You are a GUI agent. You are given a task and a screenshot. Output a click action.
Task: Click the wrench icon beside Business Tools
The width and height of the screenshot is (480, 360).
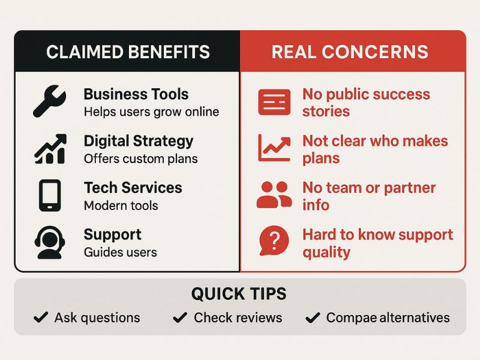click(x=49, y=101)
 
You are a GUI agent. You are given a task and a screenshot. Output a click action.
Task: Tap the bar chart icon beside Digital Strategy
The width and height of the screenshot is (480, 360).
click(x=50, y=149)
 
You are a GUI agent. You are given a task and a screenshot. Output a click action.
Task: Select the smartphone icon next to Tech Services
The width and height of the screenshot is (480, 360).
click(x=50, y=196)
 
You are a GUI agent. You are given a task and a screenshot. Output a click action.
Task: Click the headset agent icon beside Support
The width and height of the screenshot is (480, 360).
click(x=50, y=242)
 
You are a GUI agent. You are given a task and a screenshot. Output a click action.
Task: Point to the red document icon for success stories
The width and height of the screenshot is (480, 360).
click(x=274, y=102)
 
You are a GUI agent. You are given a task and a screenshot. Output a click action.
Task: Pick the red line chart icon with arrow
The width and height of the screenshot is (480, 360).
click(x=274, y=148)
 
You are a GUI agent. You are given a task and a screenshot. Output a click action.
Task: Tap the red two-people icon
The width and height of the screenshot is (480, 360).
click(x=274, y=195)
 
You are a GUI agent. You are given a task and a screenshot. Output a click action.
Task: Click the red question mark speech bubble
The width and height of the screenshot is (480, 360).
click(x=274, y=241)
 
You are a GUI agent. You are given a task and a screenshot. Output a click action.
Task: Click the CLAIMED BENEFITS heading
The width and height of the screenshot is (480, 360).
click(x=128, y=52)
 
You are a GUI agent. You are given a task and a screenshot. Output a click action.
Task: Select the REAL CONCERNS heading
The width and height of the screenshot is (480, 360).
click(x=350, y=52)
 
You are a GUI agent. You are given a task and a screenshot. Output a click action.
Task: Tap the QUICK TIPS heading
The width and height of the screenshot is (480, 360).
click(x=239, y=293)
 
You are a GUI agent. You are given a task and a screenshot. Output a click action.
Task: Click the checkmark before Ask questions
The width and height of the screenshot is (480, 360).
click(x=41, y=317)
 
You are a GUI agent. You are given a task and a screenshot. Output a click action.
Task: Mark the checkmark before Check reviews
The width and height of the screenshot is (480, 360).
click(x=180, y=317)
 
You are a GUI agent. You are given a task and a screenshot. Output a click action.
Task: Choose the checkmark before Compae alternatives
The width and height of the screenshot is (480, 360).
click(x=313, y=317)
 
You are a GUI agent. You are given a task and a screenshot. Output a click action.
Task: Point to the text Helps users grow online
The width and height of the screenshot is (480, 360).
click(x=152, y=112)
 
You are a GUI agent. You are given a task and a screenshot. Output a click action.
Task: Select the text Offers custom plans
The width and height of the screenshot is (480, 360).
click(x=141, y=159)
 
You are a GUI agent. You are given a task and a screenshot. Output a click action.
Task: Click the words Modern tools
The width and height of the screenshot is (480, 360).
click(x=121, y=206)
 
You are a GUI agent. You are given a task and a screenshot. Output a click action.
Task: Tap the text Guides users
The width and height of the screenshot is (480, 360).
click(x=121, y=252)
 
